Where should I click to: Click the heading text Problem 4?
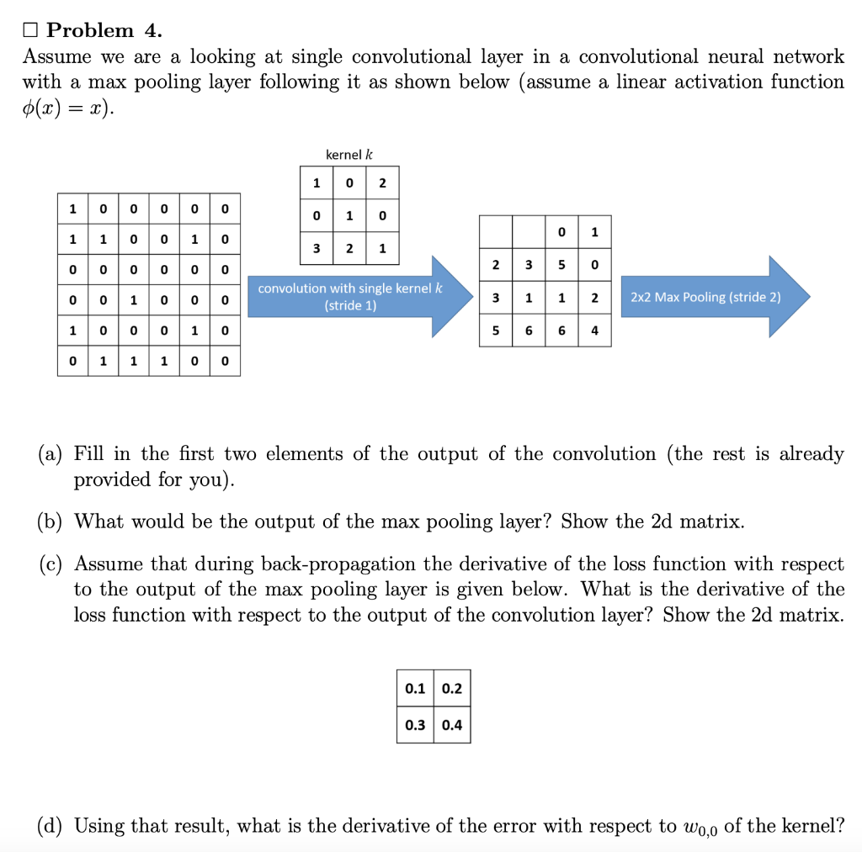click(x=104, y=30)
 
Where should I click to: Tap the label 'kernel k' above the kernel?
click(x=349, y=155)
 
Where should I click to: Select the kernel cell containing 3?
click(x=316, y=248)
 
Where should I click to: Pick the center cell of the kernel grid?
click(x=349, y=216)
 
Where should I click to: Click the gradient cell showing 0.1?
click(x=415, y=688)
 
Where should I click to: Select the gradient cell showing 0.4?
click(x=452, y=724)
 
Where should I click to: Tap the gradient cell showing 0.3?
click(x=415, y=724)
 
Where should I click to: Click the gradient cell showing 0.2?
click(x=452, y=688)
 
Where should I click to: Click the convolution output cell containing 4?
click(x=594, y=331)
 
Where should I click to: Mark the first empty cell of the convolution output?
click(x=496, y=231)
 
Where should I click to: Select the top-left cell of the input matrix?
click(x=73, y=208)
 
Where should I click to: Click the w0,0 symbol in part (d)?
click(x=698, y=827)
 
